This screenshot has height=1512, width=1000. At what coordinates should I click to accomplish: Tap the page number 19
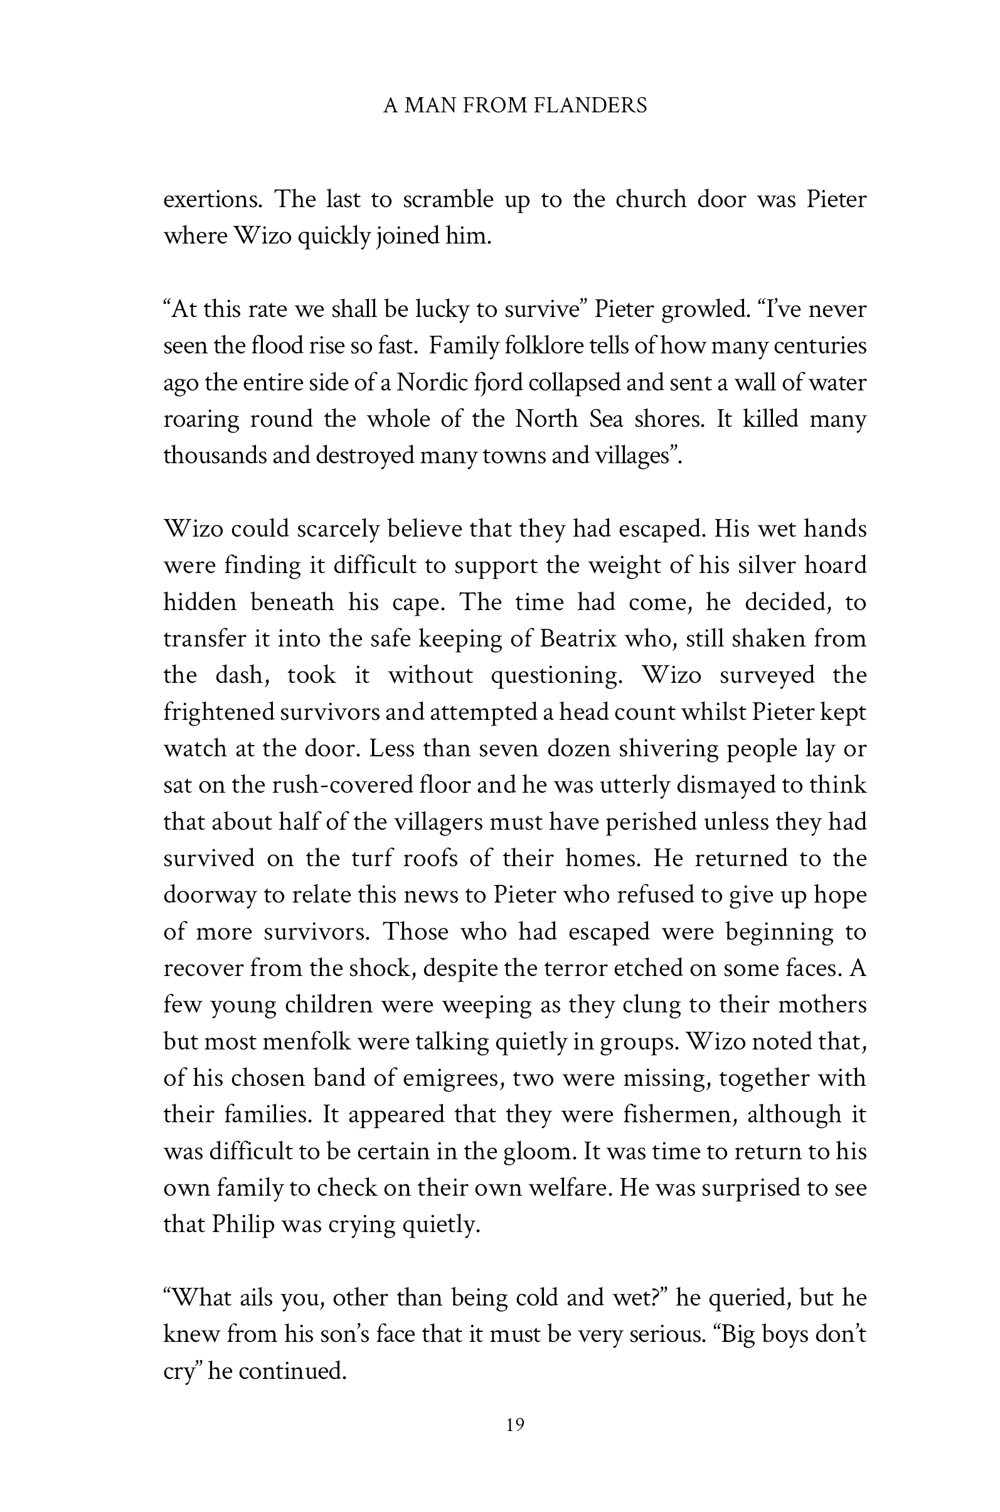[x=515, y=1425]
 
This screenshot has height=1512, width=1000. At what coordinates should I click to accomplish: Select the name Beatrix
[x=577, y=639]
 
